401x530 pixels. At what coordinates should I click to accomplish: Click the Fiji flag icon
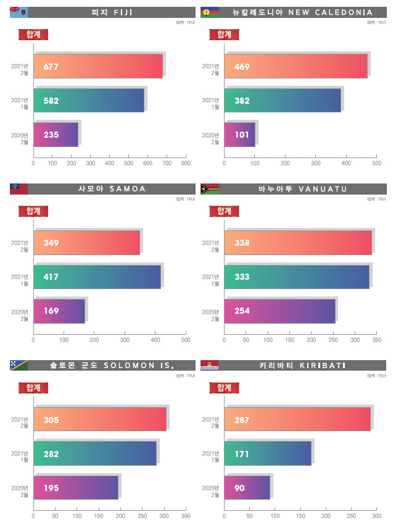19,12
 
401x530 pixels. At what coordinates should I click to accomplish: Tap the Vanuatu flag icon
210,189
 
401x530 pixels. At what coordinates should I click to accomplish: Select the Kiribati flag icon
210,366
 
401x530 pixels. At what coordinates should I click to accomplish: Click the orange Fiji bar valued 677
98,66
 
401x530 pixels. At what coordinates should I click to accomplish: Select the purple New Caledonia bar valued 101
239,134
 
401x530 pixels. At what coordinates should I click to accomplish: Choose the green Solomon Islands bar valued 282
95,453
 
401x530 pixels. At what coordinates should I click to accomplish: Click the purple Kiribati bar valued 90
247,487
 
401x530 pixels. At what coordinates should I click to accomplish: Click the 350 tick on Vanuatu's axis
377,340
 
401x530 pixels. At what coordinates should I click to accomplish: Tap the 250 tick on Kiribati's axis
352,516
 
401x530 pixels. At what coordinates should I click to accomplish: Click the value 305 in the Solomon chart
51,419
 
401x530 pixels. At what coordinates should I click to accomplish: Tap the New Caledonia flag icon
210,12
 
